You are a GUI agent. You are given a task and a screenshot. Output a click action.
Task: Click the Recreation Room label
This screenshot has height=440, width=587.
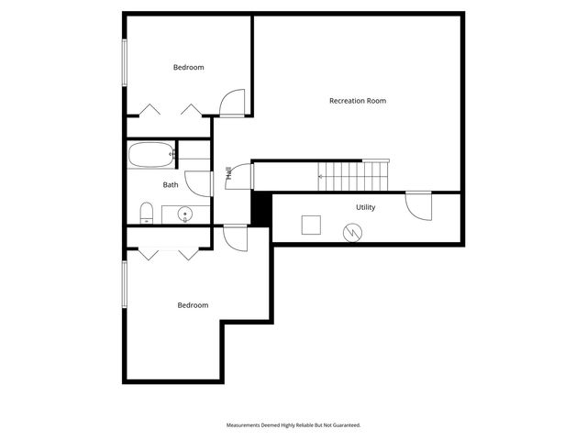pyautogui.click(x=357, y=101)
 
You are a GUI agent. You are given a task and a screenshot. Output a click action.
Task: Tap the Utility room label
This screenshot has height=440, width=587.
pyautogui.click(x=365, y=207)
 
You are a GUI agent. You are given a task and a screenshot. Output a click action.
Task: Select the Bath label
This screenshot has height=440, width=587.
pyautogui.click(x=171, y=185)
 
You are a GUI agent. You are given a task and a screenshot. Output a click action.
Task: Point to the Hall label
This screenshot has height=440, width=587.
pyautogui.click(x=228, y=172)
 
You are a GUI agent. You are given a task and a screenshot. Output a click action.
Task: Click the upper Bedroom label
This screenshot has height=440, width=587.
pyautogui.click(x=188, y=68)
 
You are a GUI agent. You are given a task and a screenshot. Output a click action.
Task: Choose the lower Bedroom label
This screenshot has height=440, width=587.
pyautogui.click(x=193, y=305)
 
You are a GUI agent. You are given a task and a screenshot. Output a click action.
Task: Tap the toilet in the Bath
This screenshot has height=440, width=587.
pyautogui.click(x=146, y=214)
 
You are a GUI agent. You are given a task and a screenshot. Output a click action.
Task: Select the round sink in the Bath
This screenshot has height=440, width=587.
pyautogui.click(x=184, y=215)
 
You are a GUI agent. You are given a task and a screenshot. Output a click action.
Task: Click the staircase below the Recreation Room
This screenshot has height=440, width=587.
pyautogui.click(x=354, y=175)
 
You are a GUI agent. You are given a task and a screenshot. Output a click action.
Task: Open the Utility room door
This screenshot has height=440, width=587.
pyautogui.click(x=419, y=204)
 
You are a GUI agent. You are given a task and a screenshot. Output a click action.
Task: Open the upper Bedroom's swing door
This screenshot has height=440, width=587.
pyautogui.click(x=233, y=103)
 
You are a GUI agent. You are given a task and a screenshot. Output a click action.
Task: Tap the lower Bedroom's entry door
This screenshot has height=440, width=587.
pyautogui.click(x=236, y=237)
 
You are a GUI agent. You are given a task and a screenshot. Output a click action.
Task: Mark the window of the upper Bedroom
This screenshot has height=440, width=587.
pyautogui.click(x=125, y=62)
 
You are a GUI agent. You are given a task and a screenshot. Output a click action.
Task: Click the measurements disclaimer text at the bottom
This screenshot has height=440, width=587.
pyautogui.click(x=293, y=425)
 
